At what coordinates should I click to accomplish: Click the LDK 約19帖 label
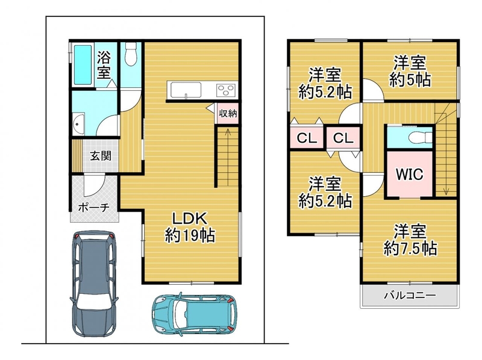tap(190, 227)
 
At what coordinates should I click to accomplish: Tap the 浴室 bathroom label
tap(104, 65)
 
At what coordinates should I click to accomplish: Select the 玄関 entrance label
tap(101, 156)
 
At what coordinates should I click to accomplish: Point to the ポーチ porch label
tap(94, 208)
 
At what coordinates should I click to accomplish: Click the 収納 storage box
tap(228, 113)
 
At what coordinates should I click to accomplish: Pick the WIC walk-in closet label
tap(410, 174)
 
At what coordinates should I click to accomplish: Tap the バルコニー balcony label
tap(410, 296)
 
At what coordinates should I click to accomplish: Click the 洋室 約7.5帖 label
tap(410, 240)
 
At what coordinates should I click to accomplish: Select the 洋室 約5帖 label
tap(410, 71)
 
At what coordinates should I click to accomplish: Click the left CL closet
tap(307, 138)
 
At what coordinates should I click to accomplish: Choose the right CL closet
tap(343, 138)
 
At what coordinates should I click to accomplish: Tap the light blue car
tap(195, 314)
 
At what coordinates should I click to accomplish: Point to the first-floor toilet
tap(131, 54)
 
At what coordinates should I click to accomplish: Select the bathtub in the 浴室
tap(83, 65)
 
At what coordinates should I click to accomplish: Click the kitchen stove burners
tap(227, 90)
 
